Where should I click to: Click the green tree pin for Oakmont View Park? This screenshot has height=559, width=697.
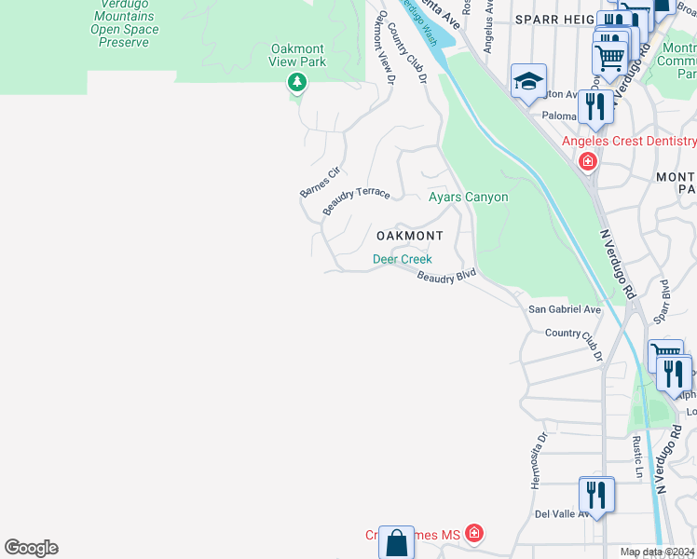point(297,84)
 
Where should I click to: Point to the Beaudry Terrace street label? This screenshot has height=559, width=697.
point(356,199)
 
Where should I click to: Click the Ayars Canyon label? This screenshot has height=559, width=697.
point(468,197)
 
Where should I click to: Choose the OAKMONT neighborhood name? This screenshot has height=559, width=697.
point(409,236)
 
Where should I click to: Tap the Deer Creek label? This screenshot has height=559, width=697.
point(403,259)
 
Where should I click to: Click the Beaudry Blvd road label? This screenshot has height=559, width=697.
point(446,277)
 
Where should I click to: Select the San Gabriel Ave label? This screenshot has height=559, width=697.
point(565,309)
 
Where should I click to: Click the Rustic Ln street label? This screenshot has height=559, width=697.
point(638,457)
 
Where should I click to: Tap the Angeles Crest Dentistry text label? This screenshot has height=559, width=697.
point(628,142)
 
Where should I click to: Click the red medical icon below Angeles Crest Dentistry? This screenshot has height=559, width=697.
point(588,162)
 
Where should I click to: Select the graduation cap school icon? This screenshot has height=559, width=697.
point(528,80)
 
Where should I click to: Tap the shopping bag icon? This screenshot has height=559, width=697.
point(396,542)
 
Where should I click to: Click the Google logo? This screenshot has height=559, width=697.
point(31,548)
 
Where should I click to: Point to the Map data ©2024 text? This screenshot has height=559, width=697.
point(657,552)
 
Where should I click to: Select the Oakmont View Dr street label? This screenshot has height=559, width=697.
point(385,47)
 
